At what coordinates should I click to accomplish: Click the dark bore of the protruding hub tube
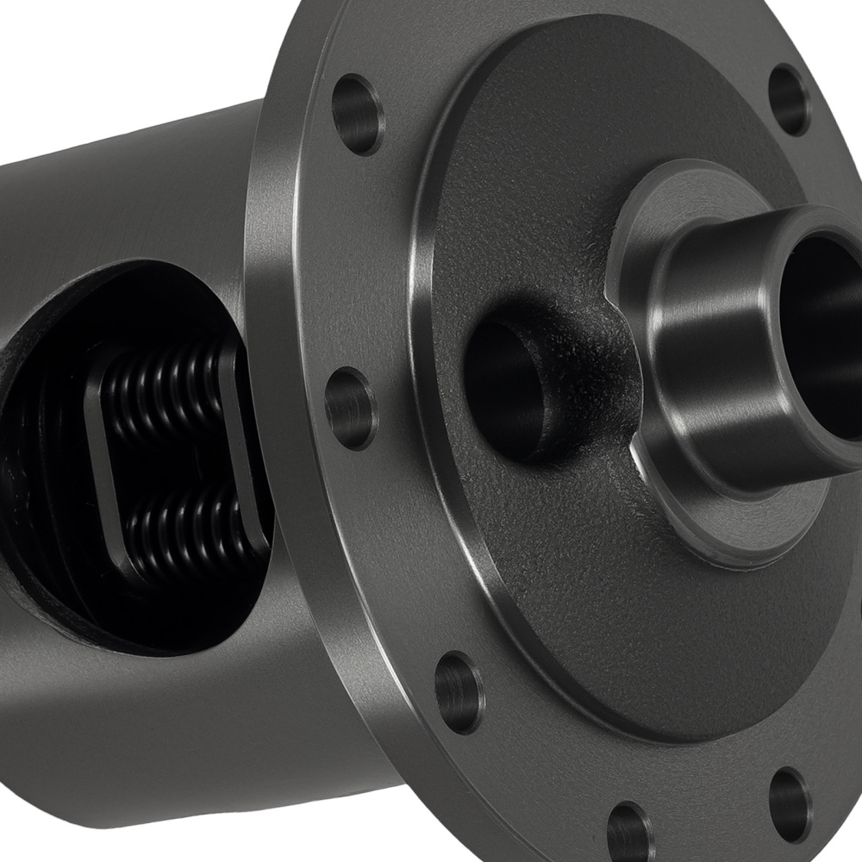(x=823, y=319)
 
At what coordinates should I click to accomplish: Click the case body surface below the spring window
(x=172, y=715)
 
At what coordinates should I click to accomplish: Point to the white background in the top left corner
(x=52, y=43)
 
